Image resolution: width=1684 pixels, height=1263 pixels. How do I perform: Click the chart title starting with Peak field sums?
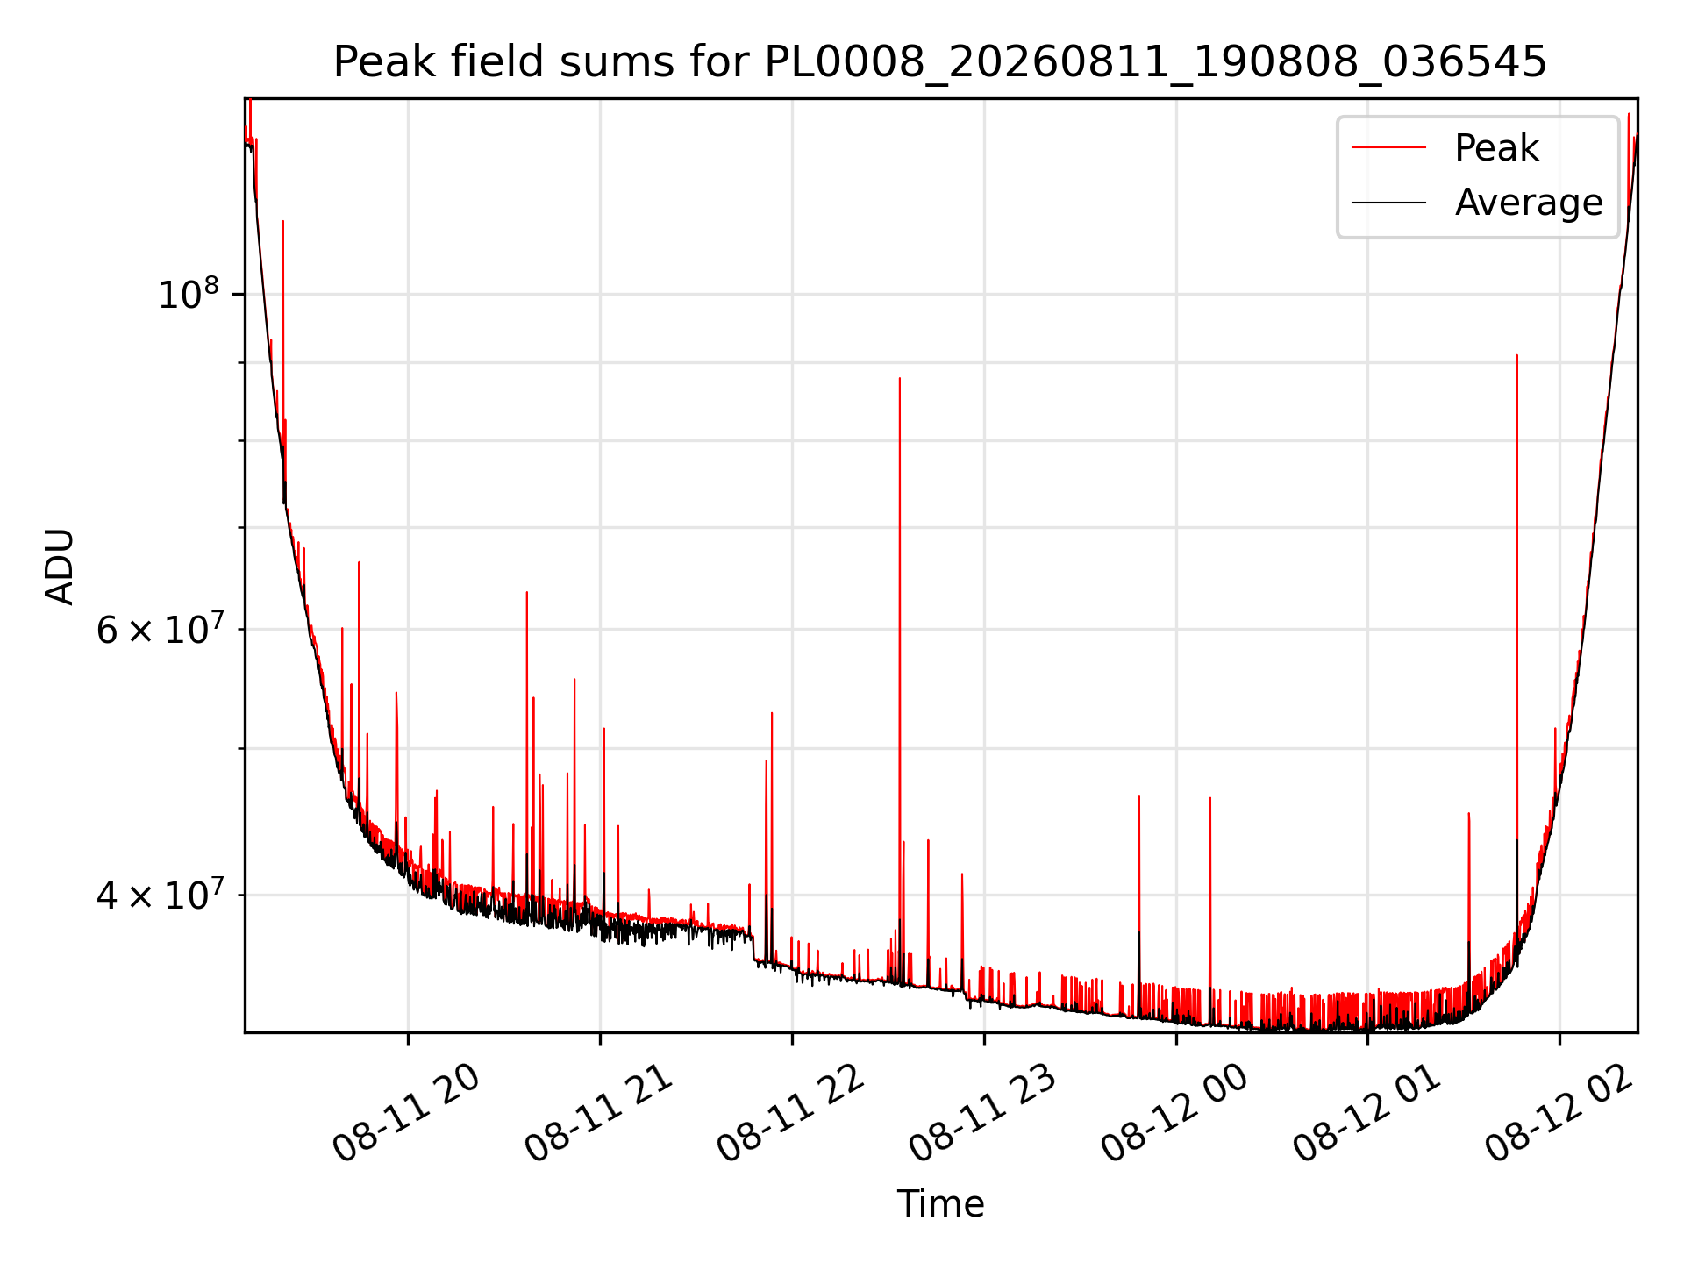940,62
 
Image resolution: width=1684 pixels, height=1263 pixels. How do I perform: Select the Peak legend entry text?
1496,148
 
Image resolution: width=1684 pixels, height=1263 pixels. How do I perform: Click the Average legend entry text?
1529,203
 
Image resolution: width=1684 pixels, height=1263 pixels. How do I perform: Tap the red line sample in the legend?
1388,148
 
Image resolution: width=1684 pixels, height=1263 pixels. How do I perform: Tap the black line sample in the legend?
1388,203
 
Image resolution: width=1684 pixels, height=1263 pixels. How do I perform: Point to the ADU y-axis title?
61,566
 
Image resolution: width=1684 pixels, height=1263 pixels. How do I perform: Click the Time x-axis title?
940,1204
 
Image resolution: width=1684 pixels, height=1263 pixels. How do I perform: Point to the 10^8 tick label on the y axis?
188,294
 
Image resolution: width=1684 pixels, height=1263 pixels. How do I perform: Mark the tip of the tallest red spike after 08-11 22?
900,378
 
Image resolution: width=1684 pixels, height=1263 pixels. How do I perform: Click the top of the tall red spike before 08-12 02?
1516,355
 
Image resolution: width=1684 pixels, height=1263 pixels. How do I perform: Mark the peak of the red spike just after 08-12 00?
1210,798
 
